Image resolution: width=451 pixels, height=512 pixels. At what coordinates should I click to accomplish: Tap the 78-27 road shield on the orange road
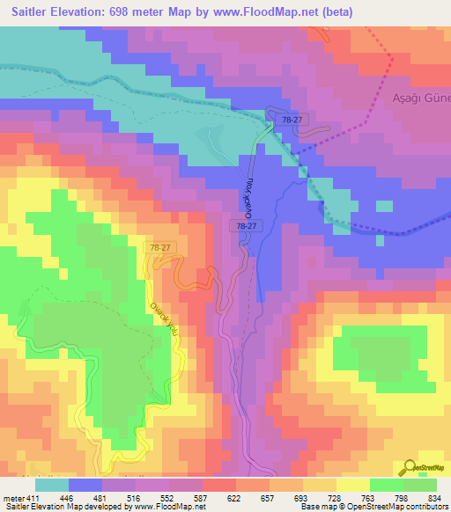coord(159,249)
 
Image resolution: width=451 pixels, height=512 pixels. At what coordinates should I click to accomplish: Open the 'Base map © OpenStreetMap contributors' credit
coord(373,507)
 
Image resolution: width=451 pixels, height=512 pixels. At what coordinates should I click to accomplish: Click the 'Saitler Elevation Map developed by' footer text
coord(63,507)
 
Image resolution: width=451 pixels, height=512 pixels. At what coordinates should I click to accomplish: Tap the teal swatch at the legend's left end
coord(52,485)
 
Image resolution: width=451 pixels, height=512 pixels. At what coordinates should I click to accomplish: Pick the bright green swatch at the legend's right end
coord(419,485)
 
